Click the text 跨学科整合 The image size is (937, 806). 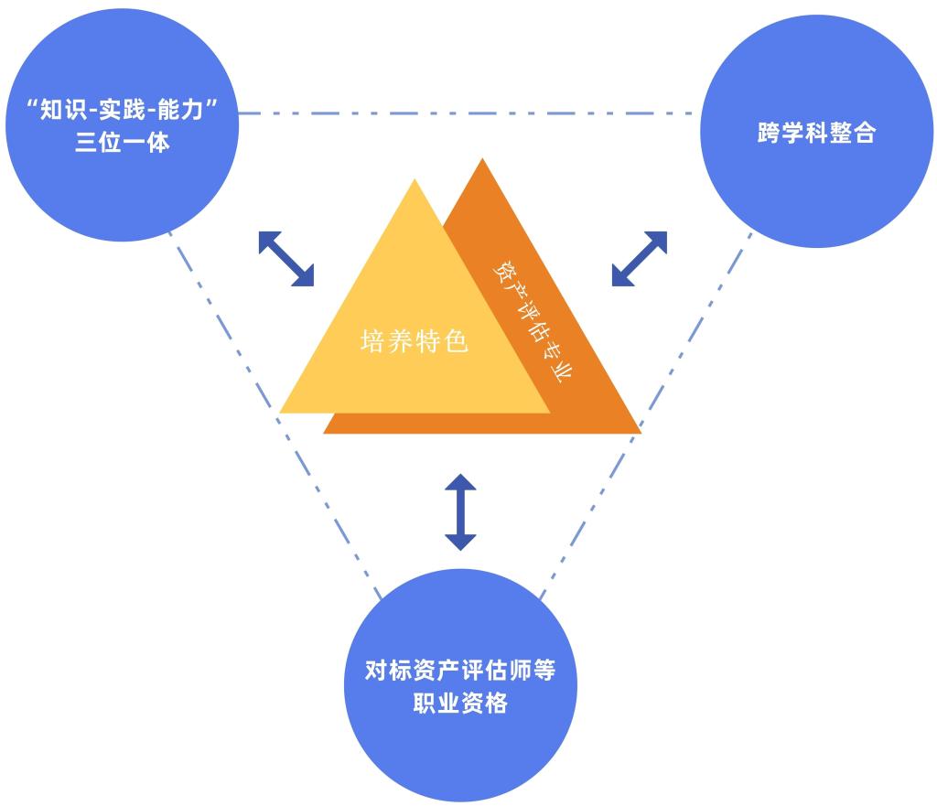point(816,134)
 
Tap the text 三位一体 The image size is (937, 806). point(123,143)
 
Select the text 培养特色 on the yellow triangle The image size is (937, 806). point(415,343)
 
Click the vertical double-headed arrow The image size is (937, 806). point(460,511)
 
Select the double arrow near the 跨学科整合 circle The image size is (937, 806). point(640,259)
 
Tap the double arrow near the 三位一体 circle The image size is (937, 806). point(286,259)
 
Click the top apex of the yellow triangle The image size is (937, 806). point(415,180)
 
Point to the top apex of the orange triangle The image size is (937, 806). point(481,159)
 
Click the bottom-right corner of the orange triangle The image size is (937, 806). point(640,432)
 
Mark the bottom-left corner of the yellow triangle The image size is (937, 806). point(281,412)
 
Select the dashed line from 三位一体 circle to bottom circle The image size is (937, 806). point(275,412)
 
